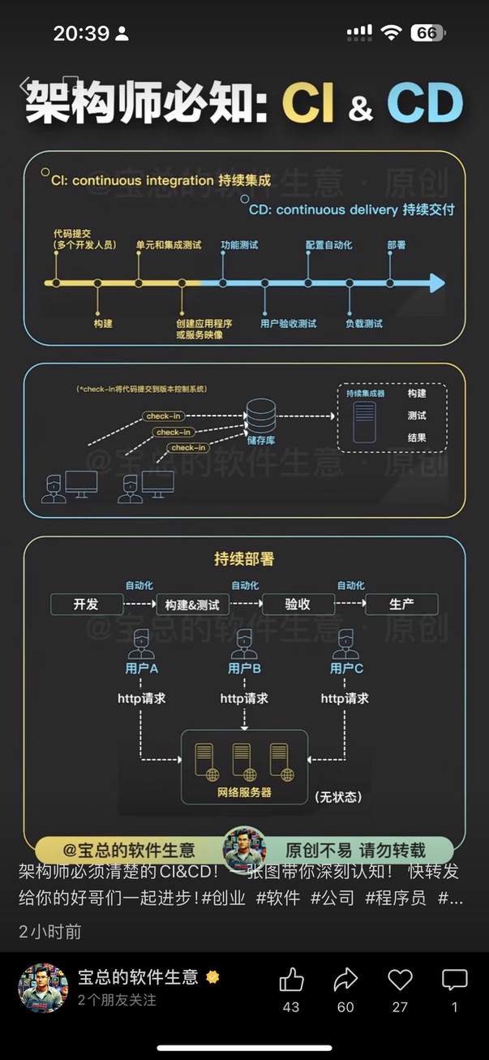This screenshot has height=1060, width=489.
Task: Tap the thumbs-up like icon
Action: tap(291, 980)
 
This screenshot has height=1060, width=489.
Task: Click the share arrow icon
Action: tap(345, 980)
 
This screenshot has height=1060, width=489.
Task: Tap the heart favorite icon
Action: tap(400, 980)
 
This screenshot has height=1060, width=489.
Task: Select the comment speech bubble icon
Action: tap(454, 980)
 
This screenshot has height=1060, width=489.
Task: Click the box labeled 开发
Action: tap(87, 605)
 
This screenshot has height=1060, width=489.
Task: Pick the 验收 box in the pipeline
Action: tap(298, 605)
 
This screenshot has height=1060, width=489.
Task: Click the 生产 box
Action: tap(401, 605)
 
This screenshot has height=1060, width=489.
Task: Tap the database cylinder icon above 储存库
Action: tap(261, 416)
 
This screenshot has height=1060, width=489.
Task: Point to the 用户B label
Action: tap(244, 668)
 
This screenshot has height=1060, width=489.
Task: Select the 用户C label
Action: tap(346, 668)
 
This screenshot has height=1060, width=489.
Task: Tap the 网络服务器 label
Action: tap(244, 792)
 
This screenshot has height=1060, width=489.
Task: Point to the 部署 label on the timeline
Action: tap(396, 244)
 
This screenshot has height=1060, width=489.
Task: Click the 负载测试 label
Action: tap(363, 323)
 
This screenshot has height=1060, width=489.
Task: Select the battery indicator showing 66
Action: tap(427, 33)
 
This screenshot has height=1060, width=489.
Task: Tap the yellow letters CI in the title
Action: tap(308, 104)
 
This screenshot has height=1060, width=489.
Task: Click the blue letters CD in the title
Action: tap(424, 104)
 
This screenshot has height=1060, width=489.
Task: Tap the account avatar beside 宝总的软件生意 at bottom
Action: tap(42, 989)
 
